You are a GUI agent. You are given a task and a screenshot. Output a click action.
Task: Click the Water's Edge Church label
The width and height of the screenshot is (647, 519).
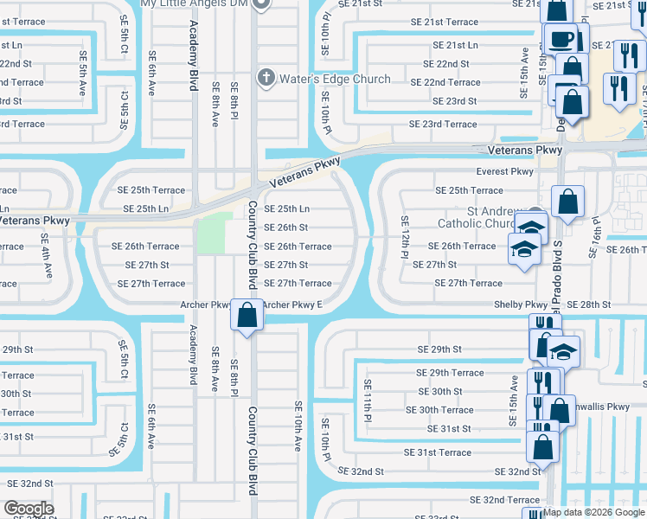[x=334, y=79]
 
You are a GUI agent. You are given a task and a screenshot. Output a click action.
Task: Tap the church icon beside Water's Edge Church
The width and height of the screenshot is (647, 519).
[x=266, y=78]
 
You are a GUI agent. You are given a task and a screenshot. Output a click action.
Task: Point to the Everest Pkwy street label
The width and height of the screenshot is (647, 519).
[x=505, y=172]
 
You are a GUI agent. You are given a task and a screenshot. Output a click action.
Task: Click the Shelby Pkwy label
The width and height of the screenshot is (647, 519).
[x=520, y=304]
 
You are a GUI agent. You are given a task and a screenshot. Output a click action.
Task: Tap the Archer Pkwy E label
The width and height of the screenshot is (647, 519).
[x=291, y=304]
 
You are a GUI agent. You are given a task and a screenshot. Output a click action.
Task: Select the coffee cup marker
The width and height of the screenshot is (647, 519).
[x=561, y=39]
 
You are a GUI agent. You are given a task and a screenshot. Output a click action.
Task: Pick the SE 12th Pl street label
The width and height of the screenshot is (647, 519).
[x=404, y=237]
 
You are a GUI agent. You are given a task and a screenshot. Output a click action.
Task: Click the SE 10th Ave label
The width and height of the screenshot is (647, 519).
[x=297, y=426]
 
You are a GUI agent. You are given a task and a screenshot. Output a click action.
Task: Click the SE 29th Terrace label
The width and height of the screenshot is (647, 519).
[x=450, y=373]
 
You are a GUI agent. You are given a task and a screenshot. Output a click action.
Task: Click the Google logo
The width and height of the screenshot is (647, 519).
[x=29, y=509]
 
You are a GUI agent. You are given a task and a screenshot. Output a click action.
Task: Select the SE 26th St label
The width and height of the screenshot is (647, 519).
[x=285, y=227]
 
